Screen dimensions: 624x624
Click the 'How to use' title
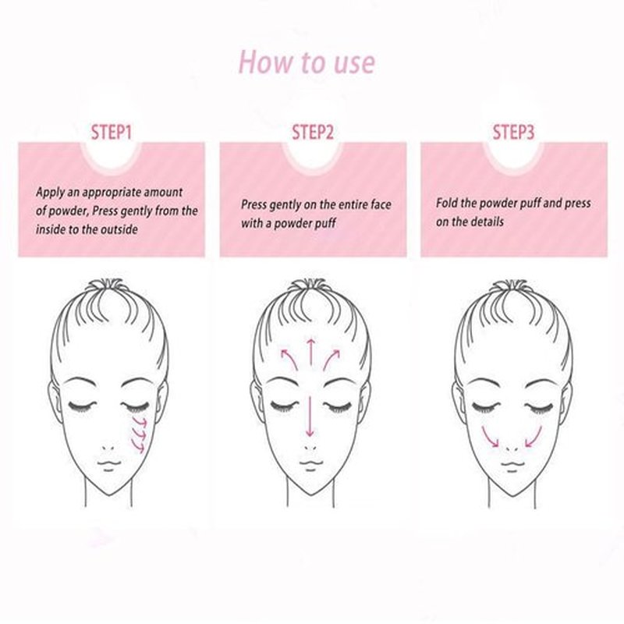(307, 62)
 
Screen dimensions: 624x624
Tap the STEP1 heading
(111, 132)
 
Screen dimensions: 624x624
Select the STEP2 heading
(313, 132)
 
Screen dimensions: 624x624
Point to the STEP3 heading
(513, 132)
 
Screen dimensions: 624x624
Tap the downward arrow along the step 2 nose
(310, 417)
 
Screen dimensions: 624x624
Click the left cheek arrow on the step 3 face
(489, 437)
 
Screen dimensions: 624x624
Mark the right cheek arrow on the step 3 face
(534, 437)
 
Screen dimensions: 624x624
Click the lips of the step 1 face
(109, 465)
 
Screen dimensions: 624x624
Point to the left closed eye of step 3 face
(485, 406)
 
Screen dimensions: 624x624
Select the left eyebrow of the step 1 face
(81, 381)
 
